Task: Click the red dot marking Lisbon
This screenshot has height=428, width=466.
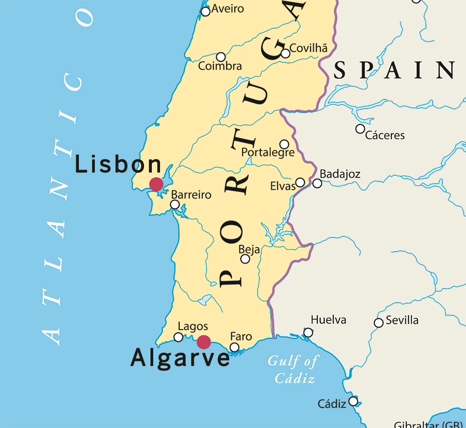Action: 156,184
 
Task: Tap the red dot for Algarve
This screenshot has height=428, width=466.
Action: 203,342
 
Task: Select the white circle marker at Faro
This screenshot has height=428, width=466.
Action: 234,347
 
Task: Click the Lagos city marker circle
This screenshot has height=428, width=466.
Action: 178,337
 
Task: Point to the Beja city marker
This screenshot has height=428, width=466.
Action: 245,259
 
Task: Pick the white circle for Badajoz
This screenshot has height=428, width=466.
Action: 317,183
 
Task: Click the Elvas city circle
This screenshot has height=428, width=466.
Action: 300,183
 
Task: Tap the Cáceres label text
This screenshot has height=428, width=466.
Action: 385,135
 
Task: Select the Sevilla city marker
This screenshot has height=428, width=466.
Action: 378,323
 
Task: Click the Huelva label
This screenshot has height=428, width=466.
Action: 328,320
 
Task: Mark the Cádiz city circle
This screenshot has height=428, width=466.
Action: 353,401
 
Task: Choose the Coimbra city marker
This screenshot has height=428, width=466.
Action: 221,57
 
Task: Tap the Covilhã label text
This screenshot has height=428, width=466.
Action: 309,48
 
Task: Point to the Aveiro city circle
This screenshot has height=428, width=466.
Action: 206,11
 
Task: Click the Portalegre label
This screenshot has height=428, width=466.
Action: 268,152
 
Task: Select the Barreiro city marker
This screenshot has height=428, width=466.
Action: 175,204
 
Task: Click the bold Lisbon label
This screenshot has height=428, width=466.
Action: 118,164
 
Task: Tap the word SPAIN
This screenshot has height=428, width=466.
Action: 394,71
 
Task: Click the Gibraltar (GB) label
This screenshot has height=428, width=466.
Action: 429,424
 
